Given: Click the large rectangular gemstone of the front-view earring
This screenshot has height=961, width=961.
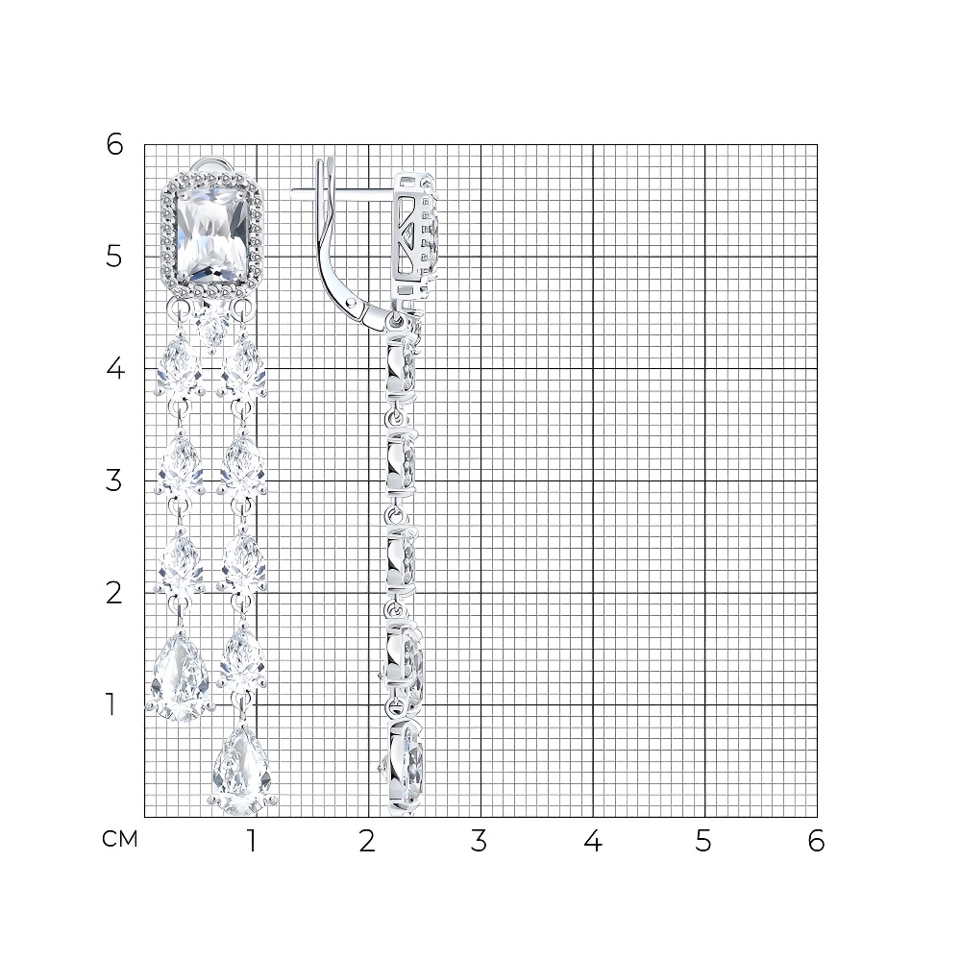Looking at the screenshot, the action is tap(212, 235).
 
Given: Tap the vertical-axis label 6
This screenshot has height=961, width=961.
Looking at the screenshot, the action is tap(114, 145).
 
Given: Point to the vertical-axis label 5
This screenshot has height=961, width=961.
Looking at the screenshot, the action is tap(114, 257).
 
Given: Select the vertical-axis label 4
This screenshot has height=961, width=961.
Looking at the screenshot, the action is tap(115, 368).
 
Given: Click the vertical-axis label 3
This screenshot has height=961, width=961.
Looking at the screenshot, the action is tap(114, 480).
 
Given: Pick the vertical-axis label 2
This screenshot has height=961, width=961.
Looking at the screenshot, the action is tap(114, 593).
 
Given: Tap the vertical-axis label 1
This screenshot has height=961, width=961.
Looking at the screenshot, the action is tap(111, 704).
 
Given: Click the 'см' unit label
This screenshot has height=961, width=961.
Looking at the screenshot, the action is tap(120, 839).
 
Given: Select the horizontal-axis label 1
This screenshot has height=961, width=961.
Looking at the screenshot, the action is tap(251, 842).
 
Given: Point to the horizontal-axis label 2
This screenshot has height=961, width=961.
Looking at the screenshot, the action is tap(366, 842).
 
